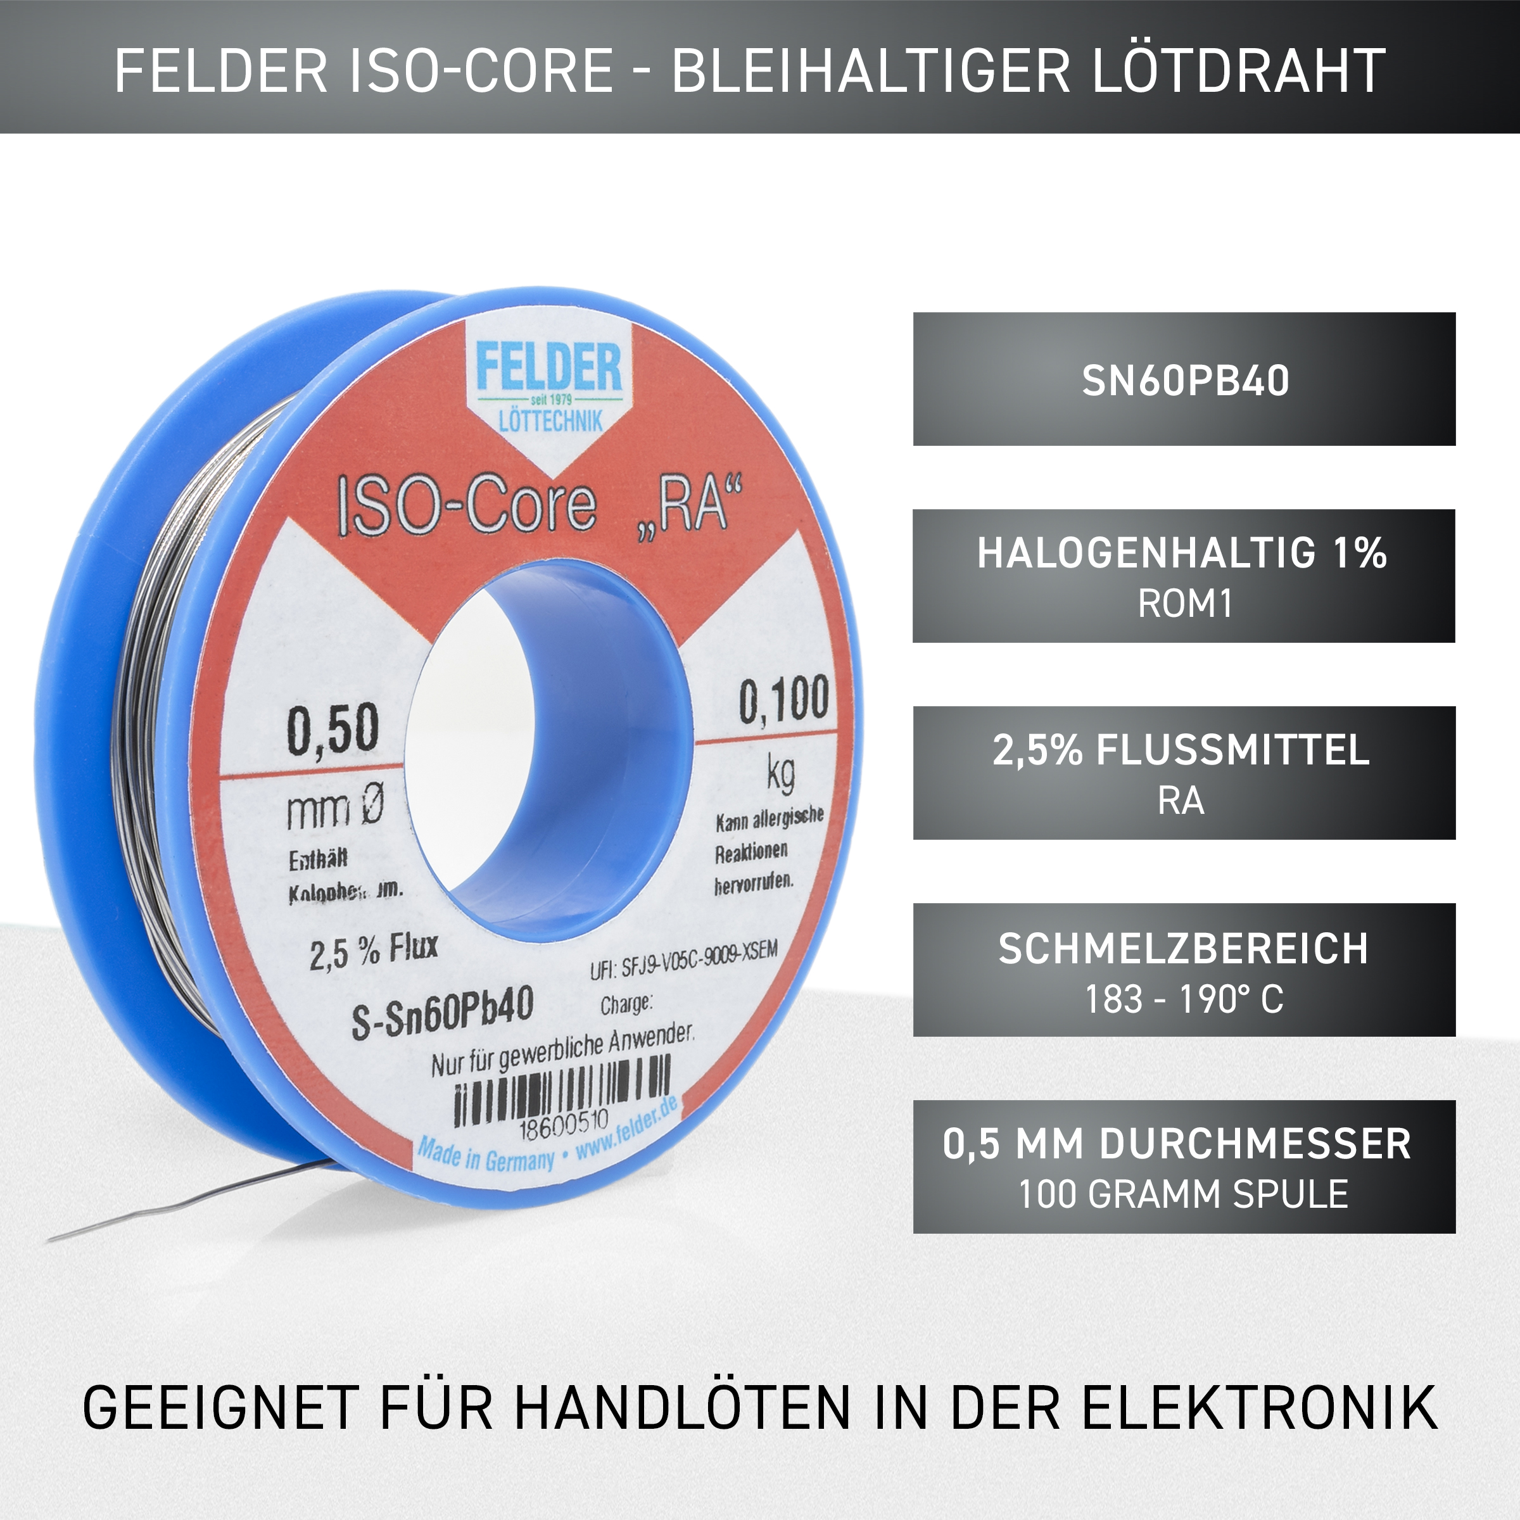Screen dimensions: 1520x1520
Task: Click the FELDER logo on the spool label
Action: pos(548,368)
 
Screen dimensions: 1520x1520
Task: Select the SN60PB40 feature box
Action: pos(1184,380)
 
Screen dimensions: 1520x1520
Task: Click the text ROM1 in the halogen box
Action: pos(1184,604)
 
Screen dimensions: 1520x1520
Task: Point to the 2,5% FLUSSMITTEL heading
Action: pos(1180,750)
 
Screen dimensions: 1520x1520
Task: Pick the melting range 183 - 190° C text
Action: pos(1184,1000)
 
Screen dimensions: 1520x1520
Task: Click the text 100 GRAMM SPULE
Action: pos(1184,1194)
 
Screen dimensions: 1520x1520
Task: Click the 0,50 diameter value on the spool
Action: pos(332,731)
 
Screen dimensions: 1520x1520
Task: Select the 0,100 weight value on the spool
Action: pos(783,699)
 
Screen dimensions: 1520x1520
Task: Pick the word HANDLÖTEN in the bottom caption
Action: pos(683,1407)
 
